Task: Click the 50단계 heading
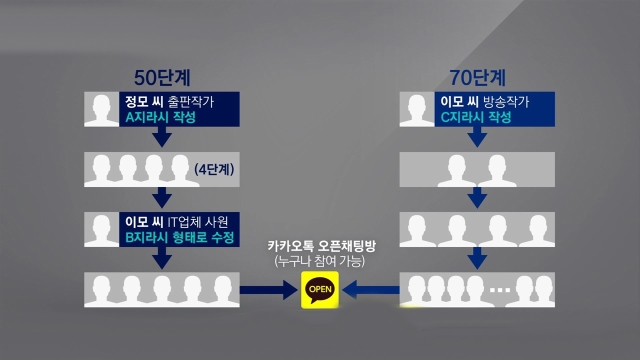pos(162,78)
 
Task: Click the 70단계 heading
pos(478,78)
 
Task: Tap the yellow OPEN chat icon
pos(320,290)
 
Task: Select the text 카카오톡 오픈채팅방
pos(322,246)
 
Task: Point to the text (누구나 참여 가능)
pos(320,261)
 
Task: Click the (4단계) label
pos(214,169)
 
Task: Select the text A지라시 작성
pos(160,117)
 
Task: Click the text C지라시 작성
pos(476,117)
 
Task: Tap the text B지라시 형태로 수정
pos(180,237)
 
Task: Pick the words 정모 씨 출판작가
pos(169,102)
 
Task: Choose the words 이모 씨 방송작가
pos(485,102)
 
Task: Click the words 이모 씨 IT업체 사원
pos(177,222)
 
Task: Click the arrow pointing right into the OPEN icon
pos(269,290)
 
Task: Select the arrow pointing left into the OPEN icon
pos(371,290)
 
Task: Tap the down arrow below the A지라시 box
pos(162,137)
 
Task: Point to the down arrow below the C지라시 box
pos(477,137)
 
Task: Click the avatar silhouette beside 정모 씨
pos(102,109)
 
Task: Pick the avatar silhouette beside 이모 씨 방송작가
pos(417,109)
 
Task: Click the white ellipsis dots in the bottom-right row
pos(500,290)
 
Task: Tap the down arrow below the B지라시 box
pos(162,258)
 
